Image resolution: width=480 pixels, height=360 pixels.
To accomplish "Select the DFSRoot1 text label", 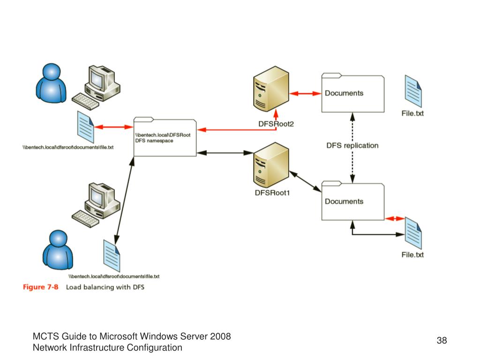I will pos(272,192).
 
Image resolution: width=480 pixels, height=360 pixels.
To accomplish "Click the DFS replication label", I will pos(352,145).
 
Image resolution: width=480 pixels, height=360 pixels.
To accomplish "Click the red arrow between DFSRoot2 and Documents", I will pos(304,94).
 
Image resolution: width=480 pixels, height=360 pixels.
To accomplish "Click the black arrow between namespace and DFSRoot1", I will pos(225,152).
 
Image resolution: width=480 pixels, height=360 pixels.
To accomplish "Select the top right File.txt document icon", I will pos(413,91).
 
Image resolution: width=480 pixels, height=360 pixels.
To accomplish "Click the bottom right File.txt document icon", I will pos(413,233).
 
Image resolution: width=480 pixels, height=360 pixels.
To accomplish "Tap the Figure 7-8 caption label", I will pos(40,287).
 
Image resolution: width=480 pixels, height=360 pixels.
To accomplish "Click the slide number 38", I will pos(442,340).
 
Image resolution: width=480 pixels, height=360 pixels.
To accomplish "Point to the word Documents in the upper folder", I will pos(344,93).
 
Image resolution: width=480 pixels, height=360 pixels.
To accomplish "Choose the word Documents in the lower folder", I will pos(344,201).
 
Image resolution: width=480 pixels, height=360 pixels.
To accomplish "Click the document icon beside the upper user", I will pos(85,126).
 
